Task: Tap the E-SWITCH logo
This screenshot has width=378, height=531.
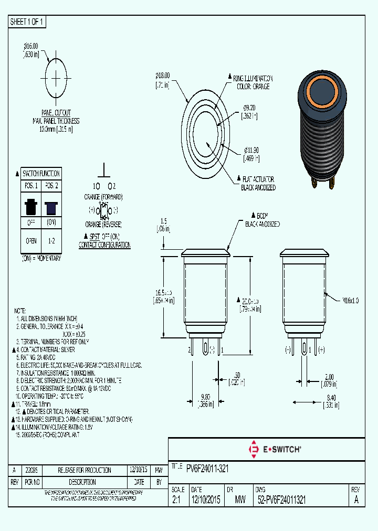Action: click(274, 450)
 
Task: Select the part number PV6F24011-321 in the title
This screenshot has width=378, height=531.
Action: click(207, 468)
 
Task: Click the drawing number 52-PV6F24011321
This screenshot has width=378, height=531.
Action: click(282, 500)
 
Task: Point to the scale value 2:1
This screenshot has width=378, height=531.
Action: click(176, 500)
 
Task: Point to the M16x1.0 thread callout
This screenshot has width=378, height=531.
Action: click(350, 301)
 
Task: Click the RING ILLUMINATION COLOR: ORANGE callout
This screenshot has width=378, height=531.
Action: click(254, 82)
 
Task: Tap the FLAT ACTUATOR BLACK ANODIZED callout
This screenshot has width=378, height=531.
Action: click(258, 183)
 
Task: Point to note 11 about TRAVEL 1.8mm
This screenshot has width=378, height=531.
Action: click(33, 404)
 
